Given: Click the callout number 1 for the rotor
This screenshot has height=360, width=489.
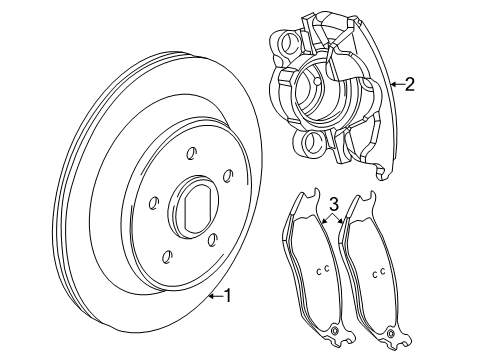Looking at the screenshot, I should (228, 295).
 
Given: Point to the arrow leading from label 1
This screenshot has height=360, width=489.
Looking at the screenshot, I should (213, 295).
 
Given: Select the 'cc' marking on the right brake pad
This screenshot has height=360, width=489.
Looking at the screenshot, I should (379, 273).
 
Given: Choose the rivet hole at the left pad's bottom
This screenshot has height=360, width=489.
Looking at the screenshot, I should (334, 332).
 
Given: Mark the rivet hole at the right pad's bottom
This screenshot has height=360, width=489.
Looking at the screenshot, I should (391, 333).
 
